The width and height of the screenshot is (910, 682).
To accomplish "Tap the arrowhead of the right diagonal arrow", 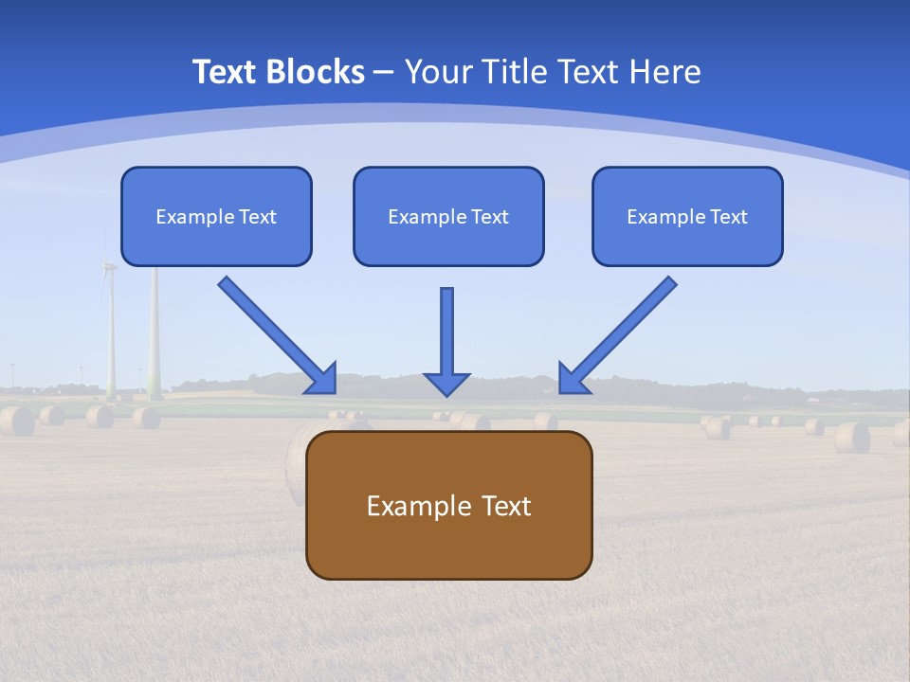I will tap(572, 379).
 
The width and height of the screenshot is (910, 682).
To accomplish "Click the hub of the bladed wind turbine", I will tap(109, 266).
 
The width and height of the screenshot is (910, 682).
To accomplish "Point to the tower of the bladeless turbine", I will tap(154, 332).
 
